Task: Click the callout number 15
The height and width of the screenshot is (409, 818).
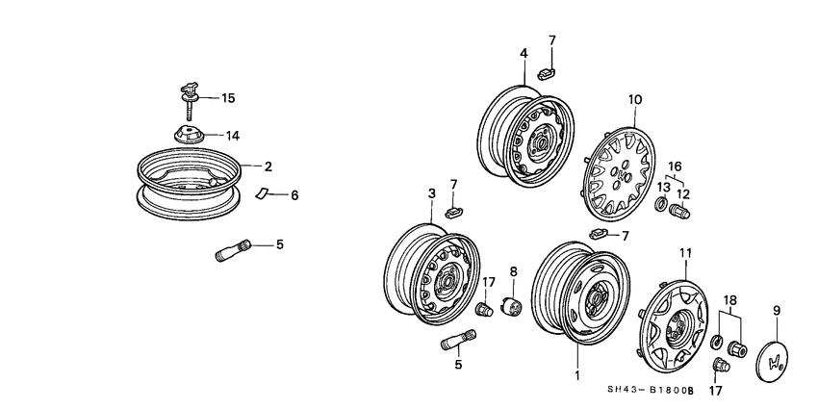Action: (228, 98)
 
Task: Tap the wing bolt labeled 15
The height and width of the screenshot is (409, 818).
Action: (189, 97)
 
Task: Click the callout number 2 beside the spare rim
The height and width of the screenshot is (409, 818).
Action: (269, 166)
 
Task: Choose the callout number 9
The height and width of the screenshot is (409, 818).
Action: (777, 311)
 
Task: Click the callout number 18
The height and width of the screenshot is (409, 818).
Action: (730, 300)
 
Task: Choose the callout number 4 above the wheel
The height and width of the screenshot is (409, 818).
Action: (524, 53)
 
